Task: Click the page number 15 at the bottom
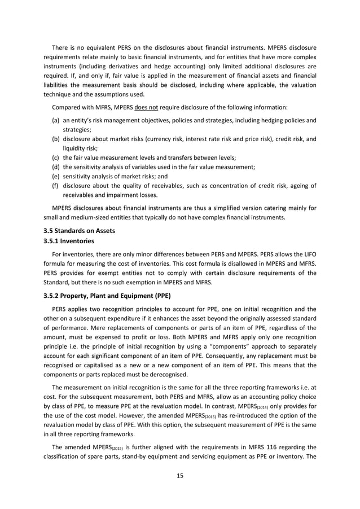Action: [x=180, y=475]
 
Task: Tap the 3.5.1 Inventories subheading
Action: [x=65, y=242]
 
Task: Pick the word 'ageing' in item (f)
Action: [x=297, y=187]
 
